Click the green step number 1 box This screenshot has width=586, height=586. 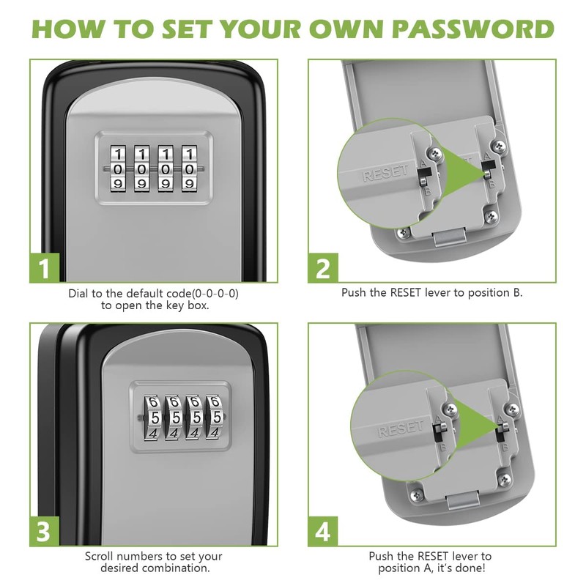point(45,268)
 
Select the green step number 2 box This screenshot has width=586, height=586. point(323,268)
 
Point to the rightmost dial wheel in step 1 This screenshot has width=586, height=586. point(190,168)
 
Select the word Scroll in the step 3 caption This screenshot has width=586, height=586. point(100,556)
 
